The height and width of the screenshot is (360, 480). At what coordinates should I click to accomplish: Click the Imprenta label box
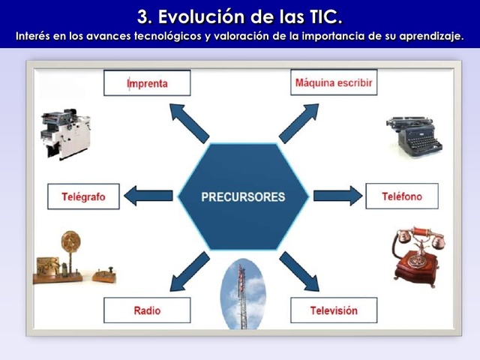pyautogui.click(x=147, y=82)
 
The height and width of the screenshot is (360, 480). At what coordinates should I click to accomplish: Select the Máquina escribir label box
pyautogui.click(x=333, y=82)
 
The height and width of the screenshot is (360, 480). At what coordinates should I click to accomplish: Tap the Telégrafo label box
pyautogui.click(x=82, y=196)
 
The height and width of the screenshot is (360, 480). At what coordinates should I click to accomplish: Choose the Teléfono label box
pyautogui.click(x=401, y=196)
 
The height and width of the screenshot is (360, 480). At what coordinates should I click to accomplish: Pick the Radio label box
pyautogui.click(x=147, y=310)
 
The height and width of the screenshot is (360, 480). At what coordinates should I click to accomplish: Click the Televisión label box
pyautogui.click(x=334, y=310)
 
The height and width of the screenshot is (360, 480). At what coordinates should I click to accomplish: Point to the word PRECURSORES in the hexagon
pyautogui.click(x=243, y=197)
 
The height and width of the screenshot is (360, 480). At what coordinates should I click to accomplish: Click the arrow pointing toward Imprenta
pyautogui.click(x=188, y=122)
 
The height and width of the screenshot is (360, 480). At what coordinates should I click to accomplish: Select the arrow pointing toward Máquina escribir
pyautogui.click(x=299, y=122)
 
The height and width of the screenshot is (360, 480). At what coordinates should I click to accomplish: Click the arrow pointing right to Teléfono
pyautogui.click(x=337, y=196)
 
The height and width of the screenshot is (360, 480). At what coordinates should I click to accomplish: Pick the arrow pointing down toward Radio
pyautogui.click(x=188, y=271)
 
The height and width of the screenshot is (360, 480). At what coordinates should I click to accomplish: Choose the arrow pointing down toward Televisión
pyautogui.click(x=299, y=271)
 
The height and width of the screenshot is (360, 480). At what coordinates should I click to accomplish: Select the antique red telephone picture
pyautogui.click(x=416, y=256)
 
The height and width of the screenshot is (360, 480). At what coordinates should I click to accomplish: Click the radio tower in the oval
pyautogui.click(x=242, y=296)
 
